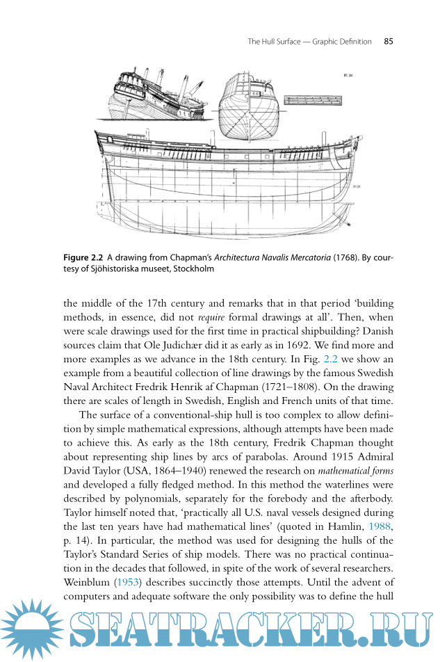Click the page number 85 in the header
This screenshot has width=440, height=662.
pyautogui.click(x=389, y=42)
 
